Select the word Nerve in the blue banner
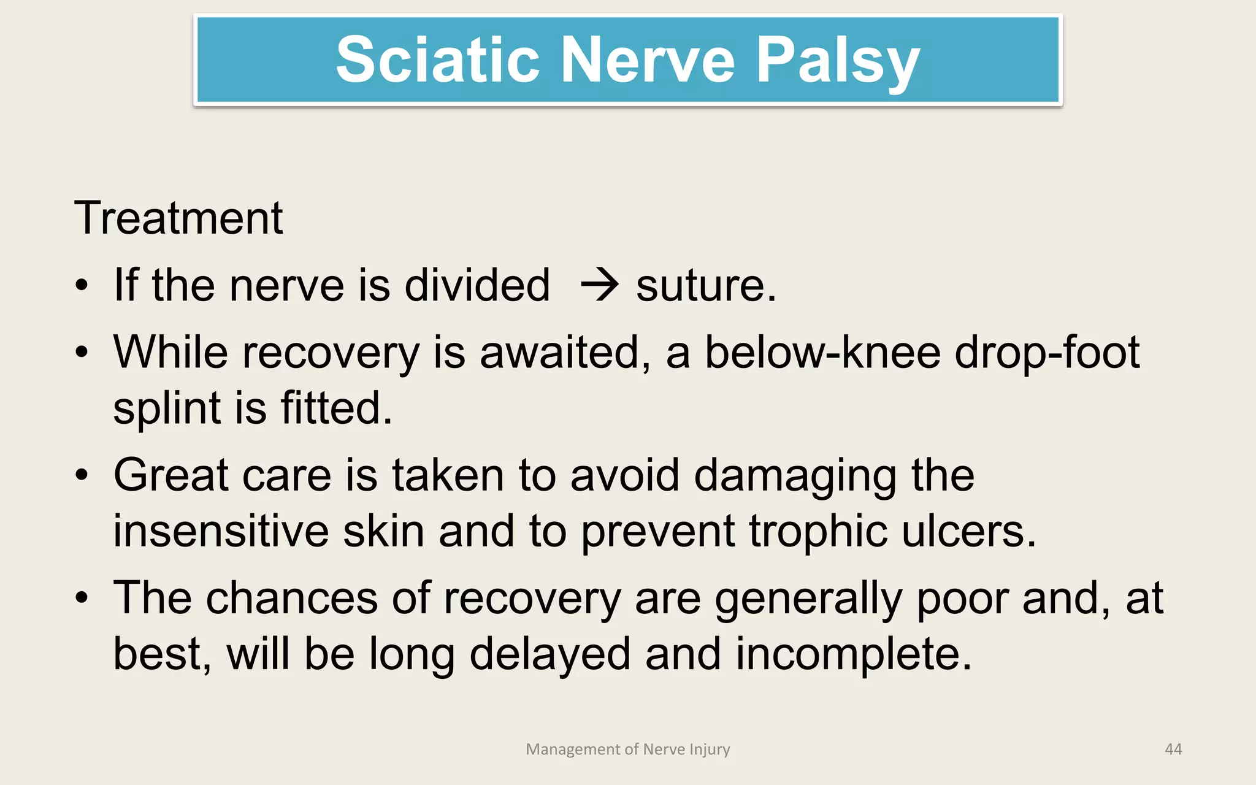(648, 59)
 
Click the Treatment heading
(178, 218)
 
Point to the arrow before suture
(599, 286)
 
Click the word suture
(705, 286)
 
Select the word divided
(477, 286)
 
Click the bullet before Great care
(82, 475)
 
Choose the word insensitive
(221, 531)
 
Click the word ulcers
(969, 531)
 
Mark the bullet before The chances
(82, 598)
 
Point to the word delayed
(549, 654)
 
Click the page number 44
(1173, 749)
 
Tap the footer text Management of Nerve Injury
(628, 749)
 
